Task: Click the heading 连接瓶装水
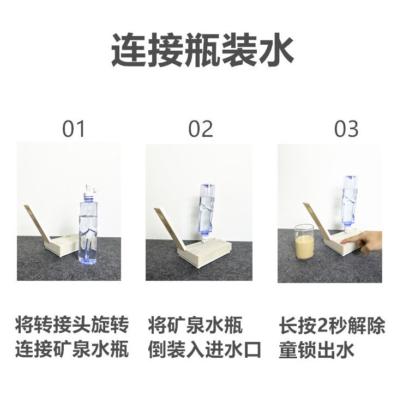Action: [x=203, y=50]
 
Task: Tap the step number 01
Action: [x=74, y=129]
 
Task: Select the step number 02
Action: [x=201, y=129]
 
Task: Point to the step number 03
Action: [x=346, y=129]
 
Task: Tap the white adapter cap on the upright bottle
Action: [x=90, y=190]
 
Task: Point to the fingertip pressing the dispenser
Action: [x=344, y=241]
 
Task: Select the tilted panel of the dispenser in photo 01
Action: [x=37, y=224]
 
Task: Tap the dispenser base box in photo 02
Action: [x=204, y=254]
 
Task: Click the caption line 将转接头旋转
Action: [x=72, y=325]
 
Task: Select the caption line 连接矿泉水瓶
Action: [x=72, y=349]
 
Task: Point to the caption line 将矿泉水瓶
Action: [x=196, y=325]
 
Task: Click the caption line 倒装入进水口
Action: [x=204, y=349]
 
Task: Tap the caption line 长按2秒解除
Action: [x=332, y=325]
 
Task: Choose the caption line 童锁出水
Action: [x=317, y=349]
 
